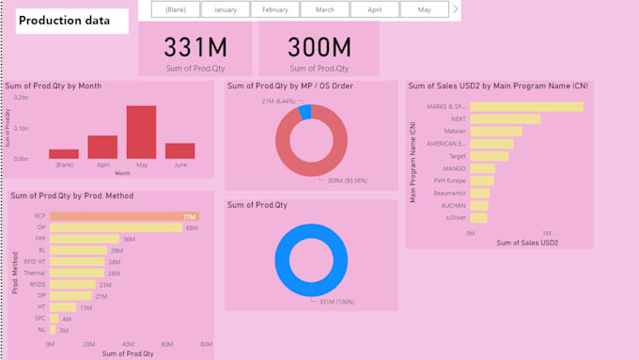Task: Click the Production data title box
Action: point(71,21)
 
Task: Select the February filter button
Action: point(274,9)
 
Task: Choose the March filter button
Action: point(324,9)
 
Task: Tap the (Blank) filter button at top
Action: point(175,9)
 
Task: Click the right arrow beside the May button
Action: point(456,9)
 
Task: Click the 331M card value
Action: point(195,47)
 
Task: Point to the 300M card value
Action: point(319,47)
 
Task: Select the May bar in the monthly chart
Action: point(141,132)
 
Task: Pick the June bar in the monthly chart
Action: point(179,150)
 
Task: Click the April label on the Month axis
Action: point(102,164)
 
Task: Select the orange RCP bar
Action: point(123,216)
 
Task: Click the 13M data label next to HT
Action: point(86,307)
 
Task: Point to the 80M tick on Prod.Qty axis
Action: point(205,345)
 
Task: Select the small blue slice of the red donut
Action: point(304,112)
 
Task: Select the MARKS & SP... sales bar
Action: point(525,107)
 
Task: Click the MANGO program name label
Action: point(454,168)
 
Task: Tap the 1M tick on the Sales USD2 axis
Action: point(546,232)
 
